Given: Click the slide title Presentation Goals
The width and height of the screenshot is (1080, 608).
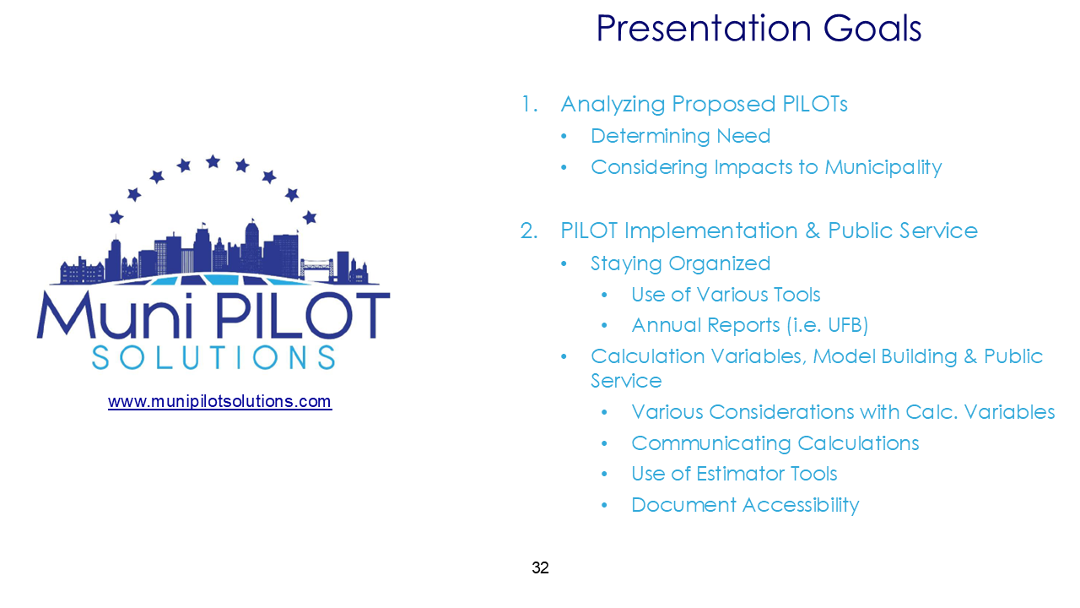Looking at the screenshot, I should [759, 29].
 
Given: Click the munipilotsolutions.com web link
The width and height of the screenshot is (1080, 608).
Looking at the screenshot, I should [219, 401].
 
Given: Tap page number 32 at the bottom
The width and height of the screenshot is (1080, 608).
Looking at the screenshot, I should [540, 568].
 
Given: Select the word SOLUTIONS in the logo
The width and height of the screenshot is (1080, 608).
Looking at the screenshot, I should [213, 356].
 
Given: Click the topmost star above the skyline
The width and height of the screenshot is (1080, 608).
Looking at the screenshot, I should [213, 160].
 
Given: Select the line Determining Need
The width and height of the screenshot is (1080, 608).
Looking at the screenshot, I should [680, 136].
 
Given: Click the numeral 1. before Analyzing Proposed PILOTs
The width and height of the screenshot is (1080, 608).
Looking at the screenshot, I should [529, 105].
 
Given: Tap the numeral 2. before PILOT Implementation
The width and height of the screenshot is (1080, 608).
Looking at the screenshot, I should [529, 231].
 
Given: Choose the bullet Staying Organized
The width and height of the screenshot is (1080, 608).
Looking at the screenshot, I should [680, 263].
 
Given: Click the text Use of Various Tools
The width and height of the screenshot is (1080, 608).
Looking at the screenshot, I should [726, 295].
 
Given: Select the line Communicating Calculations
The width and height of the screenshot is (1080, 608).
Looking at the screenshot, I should [775, 443].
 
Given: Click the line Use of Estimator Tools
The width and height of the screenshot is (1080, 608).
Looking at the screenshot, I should [734, 474].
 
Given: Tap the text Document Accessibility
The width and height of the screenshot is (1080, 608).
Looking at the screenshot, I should [745, 505].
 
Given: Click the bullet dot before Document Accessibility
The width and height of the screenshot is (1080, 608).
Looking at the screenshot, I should [604, 506].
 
